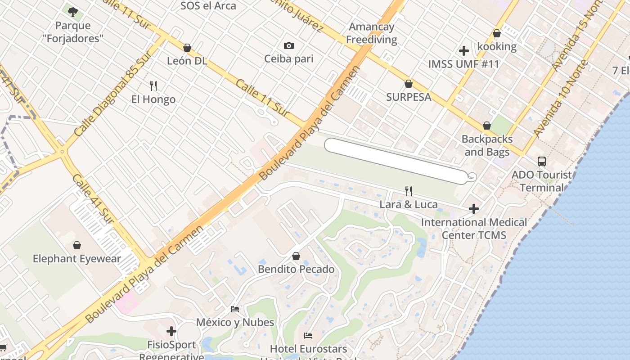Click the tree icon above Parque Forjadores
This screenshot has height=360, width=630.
coord(72,11)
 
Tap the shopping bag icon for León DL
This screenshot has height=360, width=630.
coord(187,48)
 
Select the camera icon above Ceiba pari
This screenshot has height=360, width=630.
coord(289,45)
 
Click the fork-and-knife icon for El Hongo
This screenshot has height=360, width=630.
coord(153,86)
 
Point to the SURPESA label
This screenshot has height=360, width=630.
coord(409,97)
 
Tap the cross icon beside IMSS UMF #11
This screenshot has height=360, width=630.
coord(464,51)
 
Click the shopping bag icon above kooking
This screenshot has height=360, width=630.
coord(497,33)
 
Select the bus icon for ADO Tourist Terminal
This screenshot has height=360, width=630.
coord(542,161)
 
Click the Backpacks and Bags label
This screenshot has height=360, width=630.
coord(486,145)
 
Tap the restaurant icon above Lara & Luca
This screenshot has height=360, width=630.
coord(409,191)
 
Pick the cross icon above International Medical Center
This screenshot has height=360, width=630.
coord(473,209)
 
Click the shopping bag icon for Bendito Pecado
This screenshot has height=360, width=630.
coord(296,256)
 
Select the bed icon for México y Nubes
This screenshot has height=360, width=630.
coord(235,309)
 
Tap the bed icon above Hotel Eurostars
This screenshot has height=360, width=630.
coord(308,336)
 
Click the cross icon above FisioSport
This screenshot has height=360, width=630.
coord(171,332)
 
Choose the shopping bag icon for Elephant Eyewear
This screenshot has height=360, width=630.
coord(77,245)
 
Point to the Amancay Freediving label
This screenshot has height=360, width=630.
coord(372,33)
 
